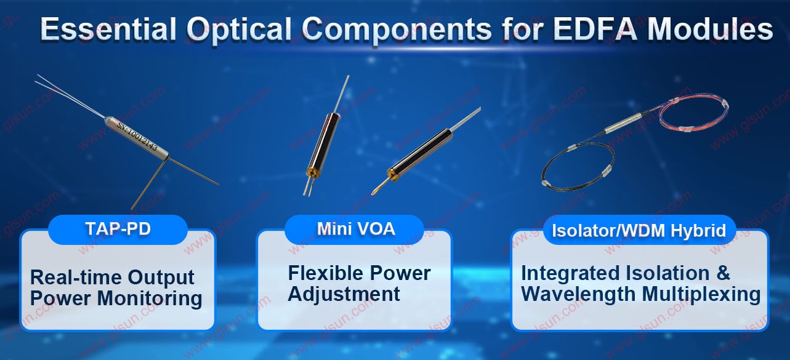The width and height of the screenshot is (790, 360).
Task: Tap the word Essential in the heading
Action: (x=108, y=29)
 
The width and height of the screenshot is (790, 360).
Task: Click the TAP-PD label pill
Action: (x=118, y=230)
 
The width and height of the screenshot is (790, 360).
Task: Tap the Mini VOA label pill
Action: (x=355, y=230)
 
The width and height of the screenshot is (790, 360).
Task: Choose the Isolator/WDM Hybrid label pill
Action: (x=639, y=230)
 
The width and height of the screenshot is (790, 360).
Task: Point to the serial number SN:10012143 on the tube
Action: (x=137, y=136)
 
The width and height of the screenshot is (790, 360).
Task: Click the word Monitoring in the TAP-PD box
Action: (x=150, y=298)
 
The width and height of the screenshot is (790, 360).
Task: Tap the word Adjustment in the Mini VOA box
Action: (x=344, y=294)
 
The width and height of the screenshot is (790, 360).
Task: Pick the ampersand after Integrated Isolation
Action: (x=723, y=273)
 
